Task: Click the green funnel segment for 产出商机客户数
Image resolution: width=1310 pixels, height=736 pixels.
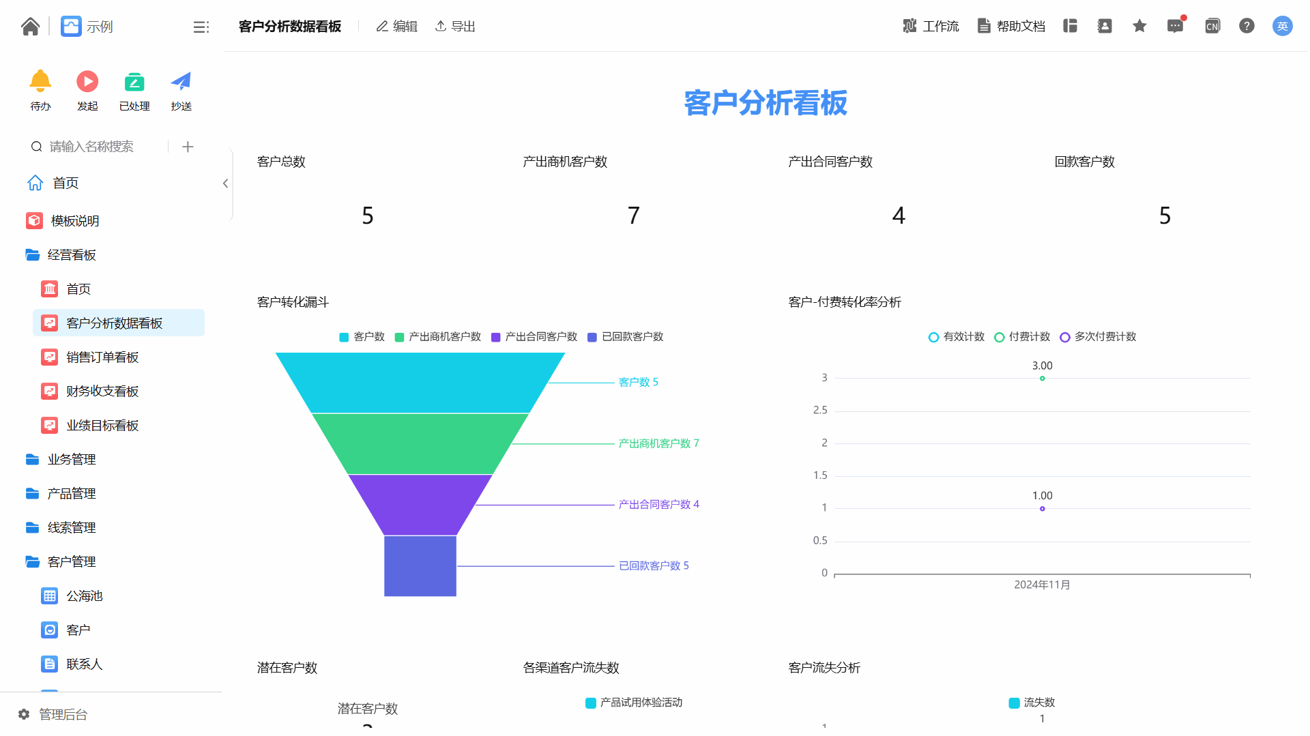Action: (x=420, y=443)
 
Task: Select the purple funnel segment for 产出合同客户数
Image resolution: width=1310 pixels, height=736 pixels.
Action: (x=420, y=505)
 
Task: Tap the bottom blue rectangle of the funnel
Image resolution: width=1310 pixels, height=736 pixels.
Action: (x=420, y=566)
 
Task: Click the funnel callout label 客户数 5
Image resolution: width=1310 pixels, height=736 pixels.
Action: (x=638, y=382)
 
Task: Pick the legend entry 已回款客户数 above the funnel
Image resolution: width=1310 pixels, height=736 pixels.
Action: (x=626, y=337)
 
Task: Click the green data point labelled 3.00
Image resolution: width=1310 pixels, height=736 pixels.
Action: (x=1042, y=379)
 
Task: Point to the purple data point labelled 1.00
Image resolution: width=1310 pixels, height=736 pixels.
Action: (x=1042, y=509)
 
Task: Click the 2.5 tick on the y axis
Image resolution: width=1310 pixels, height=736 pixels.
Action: (x=820, y=410)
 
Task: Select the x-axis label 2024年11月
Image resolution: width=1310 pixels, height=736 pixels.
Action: (x=1042, y=585)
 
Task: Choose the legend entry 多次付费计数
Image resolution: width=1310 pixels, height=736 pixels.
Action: (x=1098, y=337)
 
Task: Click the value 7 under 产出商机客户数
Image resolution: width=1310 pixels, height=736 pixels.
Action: (x=634, y=216)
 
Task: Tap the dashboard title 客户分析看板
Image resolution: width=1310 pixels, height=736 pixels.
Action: (x=766, y=103)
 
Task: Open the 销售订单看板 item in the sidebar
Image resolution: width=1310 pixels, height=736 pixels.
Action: (x=102, y=357)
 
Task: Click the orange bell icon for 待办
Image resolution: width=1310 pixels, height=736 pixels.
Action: (x=40, y=81)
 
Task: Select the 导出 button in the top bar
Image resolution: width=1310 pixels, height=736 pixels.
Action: (x=455, y=27)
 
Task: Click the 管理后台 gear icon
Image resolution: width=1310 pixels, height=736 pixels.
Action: (x=24, y=714)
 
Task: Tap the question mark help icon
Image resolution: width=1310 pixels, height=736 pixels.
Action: (x=1247, y=26)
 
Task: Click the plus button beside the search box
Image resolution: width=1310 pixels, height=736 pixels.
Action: (x=188, y=147)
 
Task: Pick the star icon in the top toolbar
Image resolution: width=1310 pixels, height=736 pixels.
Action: (x=1139, y=26)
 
